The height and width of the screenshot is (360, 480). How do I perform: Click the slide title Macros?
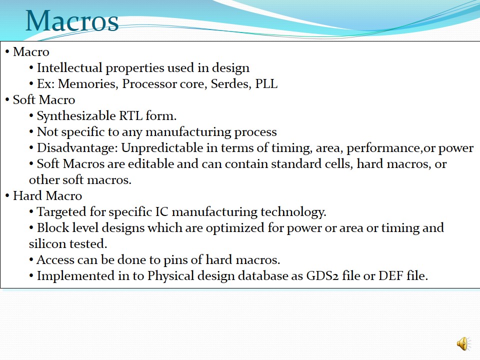[72, 21]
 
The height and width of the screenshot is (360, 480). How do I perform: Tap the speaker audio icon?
[464, 343]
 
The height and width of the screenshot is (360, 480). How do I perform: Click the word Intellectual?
[69, 67]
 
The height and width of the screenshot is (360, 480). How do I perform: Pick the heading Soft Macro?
[44, 100]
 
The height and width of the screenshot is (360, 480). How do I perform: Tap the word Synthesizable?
[76, 116]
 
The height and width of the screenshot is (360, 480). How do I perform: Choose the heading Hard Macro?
[47, 195]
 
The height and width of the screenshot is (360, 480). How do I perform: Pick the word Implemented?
[75, 276]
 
